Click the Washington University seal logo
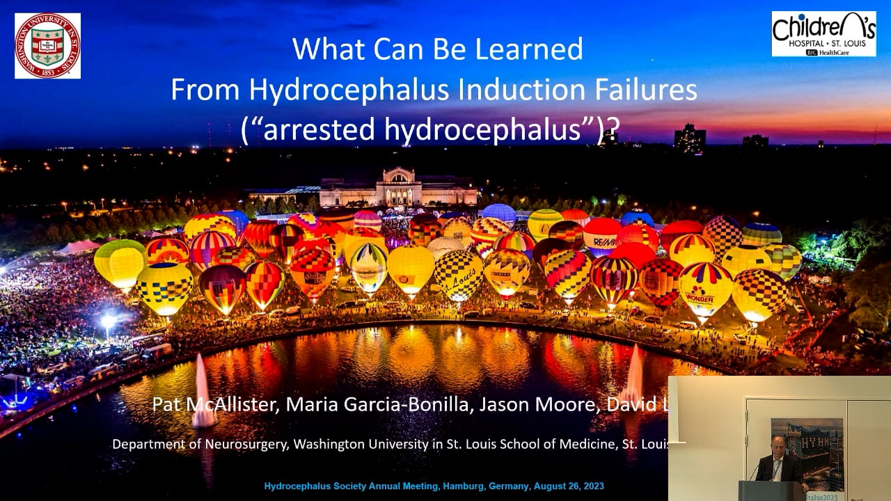coord(47,46)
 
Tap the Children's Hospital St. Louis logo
coord(823,33)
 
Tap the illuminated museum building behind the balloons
coord(398,186)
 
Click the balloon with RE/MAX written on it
coord(602,237)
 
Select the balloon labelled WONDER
coord(705,287)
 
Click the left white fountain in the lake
coord(203,400)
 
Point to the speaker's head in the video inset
coord(778,446)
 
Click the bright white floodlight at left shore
coord(108,321)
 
